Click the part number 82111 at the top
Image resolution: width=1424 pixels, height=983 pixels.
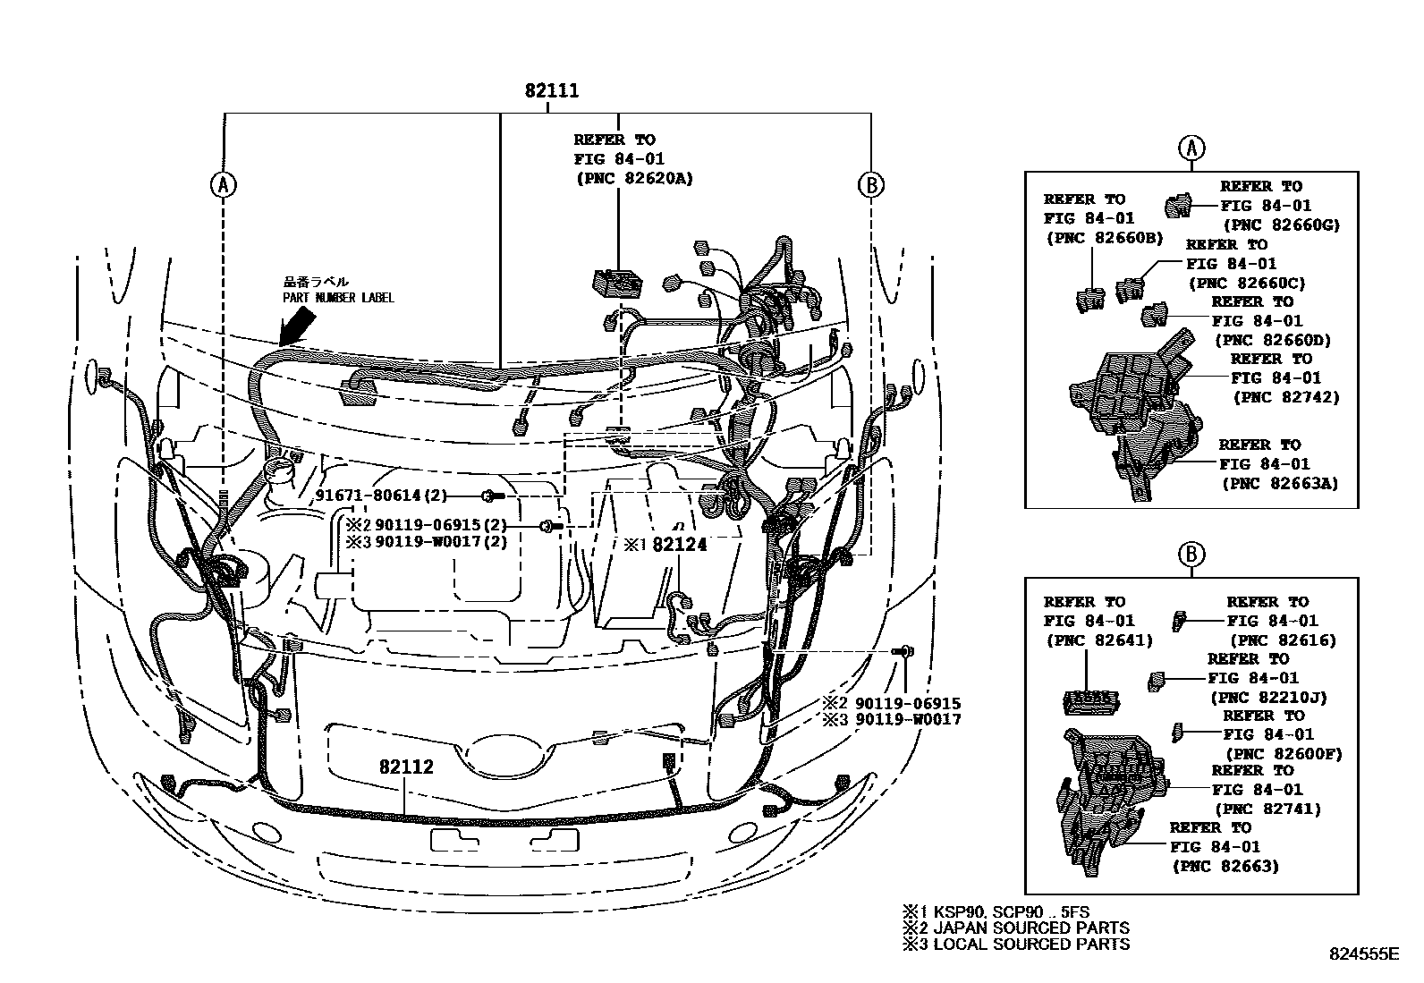click(551, 91)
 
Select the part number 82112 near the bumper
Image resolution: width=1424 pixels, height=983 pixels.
click(405, 767)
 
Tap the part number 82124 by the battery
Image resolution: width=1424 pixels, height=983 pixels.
click(679, 545)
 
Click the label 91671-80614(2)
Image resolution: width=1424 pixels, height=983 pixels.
click(381, 496)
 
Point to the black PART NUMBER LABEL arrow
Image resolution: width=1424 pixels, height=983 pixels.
click(299, 326)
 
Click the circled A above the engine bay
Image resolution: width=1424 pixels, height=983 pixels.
click(222, 184)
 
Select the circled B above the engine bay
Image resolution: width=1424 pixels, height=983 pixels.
click(870, 184)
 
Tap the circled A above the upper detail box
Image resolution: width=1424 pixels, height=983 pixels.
click(1191, 148)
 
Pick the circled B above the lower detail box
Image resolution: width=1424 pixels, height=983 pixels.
click(1191, 555)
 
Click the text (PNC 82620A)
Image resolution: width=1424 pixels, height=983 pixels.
click(633, 179)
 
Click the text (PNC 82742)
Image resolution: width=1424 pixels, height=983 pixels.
click(1285, 397)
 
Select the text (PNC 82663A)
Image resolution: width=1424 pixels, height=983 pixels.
click(1280, 483)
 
